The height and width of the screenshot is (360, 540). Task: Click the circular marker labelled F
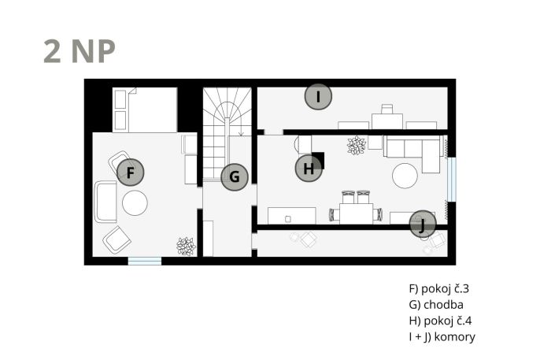(x=130, y=173)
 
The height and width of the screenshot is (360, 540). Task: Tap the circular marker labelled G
(x=235, y=177)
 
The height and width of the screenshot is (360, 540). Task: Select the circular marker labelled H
(x=309, y=169)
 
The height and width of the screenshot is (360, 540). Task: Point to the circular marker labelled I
(x=318, y=96)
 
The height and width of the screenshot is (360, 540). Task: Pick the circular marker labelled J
(x=423, y=224)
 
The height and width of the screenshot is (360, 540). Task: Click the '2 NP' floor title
(x=80, y=52)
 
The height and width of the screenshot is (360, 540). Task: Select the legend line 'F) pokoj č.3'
(x=439, y=288)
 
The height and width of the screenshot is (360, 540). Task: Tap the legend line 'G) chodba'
(x=436, y=305)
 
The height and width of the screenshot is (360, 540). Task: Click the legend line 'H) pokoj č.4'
(x=441, y=321)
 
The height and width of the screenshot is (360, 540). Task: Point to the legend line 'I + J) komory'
(x=442, y=336)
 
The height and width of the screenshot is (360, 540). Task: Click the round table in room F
(x=135, y=203)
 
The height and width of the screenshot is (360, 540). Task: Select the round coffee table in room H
(x=405, y=176)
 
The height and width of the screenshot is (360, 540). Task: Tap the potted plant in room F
(x=187, y=246)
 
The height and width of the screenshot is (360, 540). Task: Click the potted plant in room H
(x=357, y=145)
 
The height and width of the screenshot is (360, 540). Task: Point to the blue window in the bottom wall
(x=145, y=261)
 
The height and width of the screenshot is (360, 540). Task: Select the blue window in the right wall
(x=452, y=179)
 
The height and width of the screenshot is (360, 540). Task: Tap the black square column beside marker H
(x=318, y=161)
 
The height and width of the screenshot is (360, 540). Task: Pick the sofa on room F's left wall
(x=105, y=202)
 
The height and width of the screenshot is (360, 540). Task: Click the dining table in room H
(x=356, y=213)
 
